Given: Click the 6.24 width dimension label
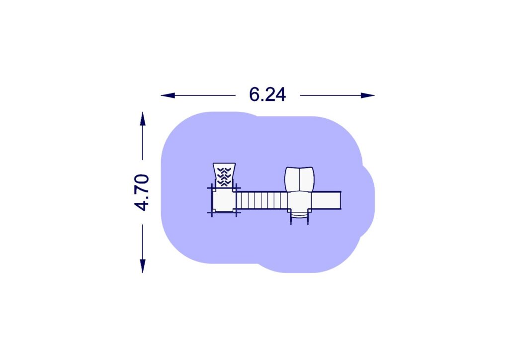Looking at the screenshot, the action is (x=267, y=95).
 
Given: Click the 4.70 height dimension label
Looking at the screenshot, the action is (x=142, y=192).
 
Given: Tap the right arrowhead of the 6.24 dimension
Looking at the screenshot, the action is (x=368, y=95).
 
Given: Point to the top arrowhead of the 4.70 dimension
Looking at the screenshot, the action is (x=143, y=118).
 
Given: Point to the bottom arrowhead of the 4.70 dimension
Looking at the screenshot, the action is (x=143, y=266).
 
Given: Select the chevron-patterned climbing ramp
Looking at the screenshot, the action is (x=224, y=176).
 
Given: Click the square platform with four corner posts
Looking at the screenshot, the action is (x=224, y=200).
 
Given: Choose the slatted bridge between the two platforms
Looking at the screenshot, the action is (x=262, y=200).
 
